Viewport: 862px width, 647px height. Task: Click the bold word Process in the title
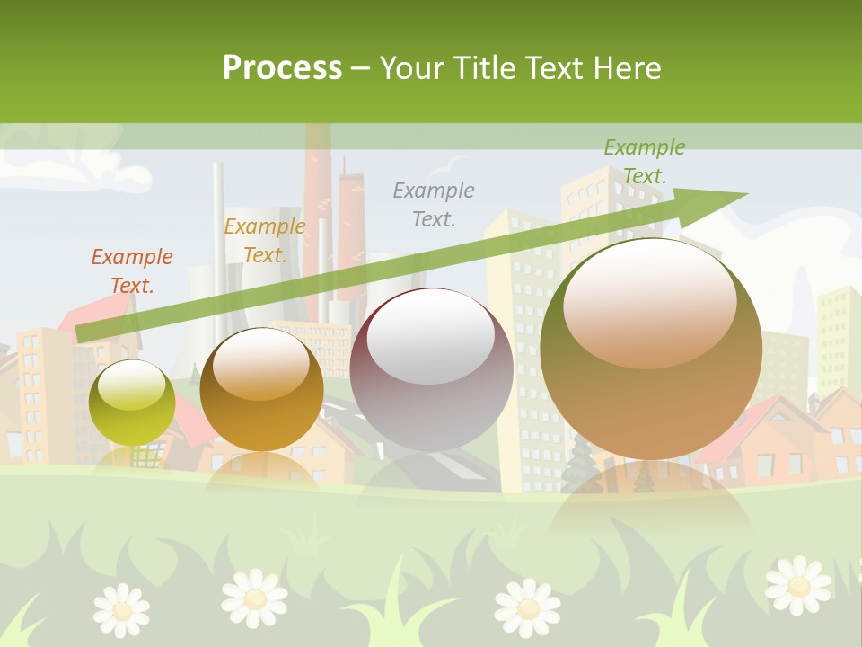pyautogui.click(x=282, y=68)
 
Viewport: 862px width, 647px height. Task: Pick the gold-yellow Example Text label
pyautogui.click(x=264, y=241)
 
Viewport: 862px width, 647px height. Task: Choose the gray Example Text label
pyautogui.click(x=434, y=204)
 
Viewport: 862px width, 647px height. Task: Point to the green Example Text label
pyautogui.click(x=644, y=162)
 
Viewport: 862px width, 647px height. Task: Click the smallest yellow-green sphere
pyautogui.click(x=132, y=403)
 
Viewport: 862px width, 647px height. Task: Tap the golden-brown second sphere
pyautogui.click(x=261, y=389)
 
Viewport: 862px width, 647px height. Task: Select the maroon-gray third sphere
pyautogui.click(x=431, y=369)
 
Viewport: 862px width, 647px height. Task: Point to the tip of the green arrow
pyautogui.click(x=745, y=194)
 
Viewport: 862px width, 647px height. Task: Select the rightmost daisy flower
pyautogui.click(x=797, y=585)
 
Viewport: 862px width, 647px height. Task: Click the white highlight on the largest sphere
pyautogui.click(x=650, y=302)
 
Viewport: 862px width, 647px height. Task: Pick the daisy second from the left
pyautogui.click(x=254, y=598)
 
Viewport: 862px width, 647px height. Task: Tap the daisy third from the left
pyautogui.click(x=528, y=606)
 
